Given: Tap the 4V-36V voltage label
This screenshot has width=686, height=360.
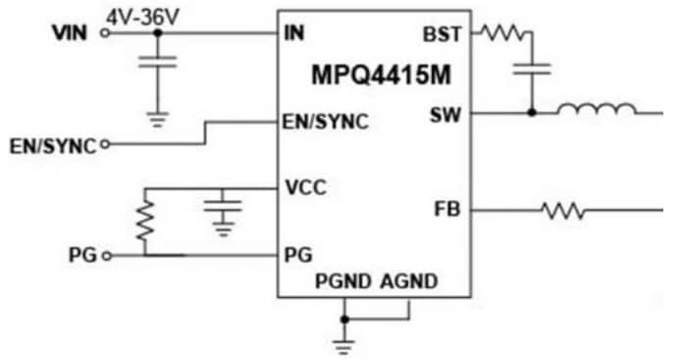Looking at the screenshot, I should (147, 15).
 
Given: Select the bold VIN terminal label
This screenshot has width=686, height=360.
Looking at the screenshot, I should (70, 34).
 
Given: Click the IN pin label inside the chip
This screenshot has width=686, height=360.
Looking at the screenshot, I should (292, 33).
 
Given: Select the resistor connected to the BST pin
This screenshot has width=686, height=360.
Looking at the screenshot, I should (503, 33).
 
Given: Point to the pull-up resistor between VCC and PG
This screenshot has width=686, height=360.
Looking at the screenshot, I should (145, 223).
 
